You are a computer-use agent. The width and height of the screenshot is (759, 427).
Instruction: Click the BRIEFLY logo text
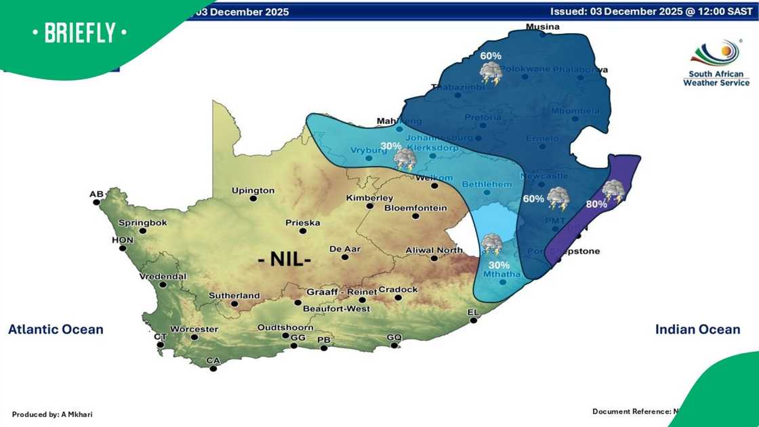coord(79,33)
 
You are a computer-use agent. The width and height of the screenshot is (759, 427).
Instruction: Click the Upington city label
coord(253,190)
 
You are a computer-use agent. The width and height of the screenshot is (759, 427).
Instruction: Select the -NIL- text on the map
coord(285,259)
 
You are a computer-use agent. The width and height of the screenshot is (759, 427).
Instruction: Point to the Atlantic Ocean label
coord(56,329)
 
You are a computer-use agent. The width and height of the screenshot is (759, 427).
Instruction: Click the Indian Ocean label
coord(697,329)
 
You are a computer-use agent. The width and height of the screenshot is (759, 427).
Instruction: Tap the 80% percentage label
coord(597,203)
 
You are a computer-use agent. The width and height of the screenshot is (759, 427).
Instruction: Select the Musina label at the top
coord(543,27)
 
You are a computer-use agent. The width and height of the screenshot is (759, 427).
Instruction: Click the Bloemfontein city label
coord(415,207)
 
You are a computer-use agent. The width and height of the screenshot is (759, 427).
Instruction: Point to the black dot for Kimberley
coord(370,206)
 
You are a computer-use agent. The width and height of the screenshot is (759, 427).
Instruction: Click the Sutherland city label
coord(234,296)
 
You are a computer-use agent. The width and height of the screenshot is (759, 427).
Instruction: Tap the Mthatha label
coord(501,274)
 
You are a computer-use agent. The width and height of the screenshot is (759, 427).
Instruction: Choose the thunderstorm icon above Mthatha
coord(492,244)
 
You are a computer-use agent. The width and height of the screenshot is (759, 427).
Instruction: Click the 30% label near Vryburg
coord(390,146)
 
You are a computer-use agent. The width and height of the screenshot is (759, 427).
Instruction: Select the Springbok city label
coord(142,222)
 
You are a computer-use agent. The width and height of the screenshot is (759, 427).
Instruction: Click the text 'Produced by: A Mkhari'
coord(52,413)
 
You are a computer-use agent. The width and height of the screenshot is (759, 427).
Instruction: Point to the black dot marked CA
coord(213,369)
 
